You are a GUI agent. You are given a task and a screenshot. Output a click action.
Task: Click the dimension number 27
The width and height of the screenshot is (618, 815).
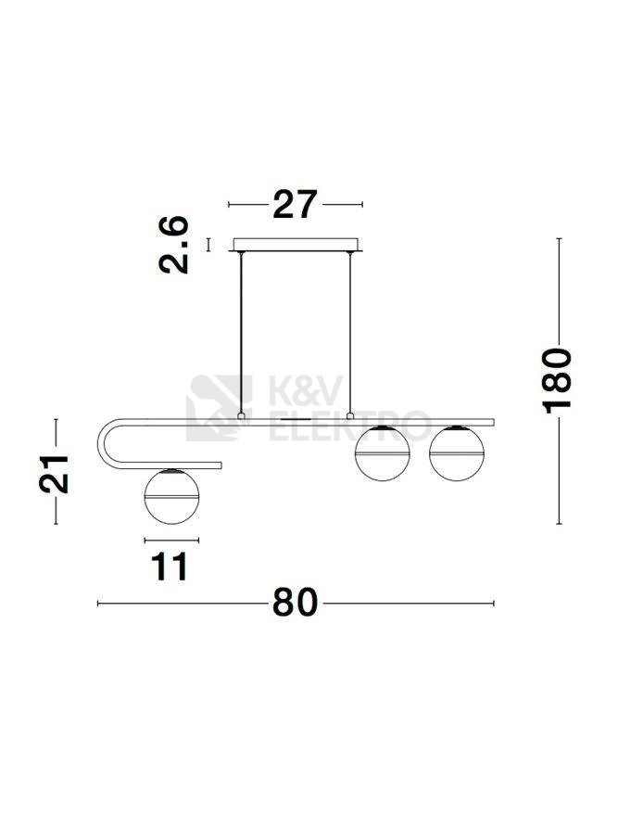(x=295, y=204)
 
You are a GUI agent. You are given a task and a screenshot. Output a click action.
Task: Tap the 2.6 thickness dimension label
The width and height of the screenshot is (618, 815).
(x=173, y=245)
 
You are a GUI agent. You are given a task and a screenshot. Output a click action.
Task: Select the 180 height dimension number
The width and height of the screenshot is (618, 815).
(x=557, y=381)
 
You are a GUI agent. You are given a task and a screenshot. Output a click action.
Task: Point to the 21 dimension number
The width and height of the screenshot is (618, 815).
(x=54, y=474)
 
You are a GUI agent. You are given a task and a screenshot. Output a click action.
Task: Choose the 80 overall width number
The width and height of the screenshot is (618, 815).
(x=295, y=603)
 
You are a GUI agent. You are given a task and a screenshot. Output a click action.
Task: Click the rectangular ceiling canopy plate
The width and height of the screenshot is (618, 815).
(x=296, y=244)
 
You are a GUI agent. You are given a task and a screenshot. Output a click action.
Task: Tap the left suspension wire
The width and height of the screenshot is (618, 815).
(x=241, y=333)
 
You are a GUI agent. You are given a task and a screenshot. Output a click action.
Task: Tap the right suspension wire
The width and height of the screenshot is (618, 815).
(x=350, y=333)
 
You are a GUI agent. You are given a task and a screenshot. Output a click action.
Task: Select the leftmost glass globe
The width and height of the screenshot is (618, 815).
(x=171, y=496)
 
